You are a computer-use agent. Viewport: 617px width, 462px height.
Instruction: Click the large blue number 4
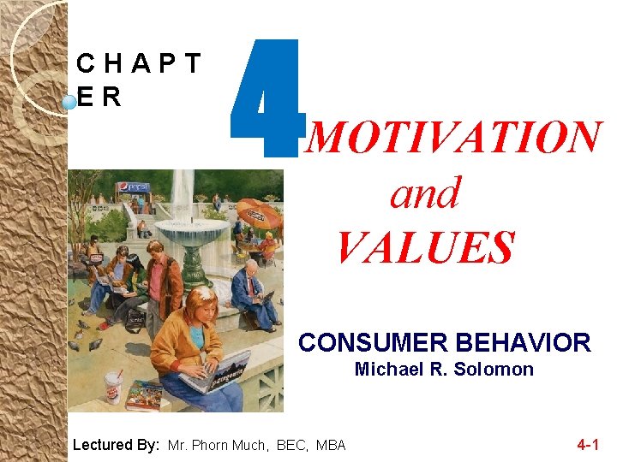[265, 100]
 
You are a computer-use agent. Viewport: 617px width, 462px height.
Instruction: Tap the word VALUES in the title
[425, 247]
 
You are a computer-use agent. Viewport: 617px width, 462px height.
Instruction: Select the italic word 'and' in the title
[425, 193]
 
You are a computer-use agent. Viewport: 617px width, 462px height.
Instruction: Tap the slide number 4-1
[588, 444]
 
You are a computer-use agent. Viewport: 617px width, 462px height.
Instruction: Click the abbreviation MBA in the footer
[330, 445]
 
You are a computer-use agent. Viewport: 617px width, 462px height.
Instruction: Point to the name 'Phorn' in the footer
[211, 445]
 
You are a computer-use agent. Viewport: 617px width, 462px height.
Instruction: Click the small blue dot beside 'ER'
[69, 103]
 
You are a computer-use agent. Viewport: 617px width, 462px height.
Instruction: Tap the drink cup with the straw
[112, 387]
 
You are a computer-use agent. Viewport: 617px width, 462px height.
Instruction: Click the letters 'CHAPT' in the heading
[138, 63]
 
